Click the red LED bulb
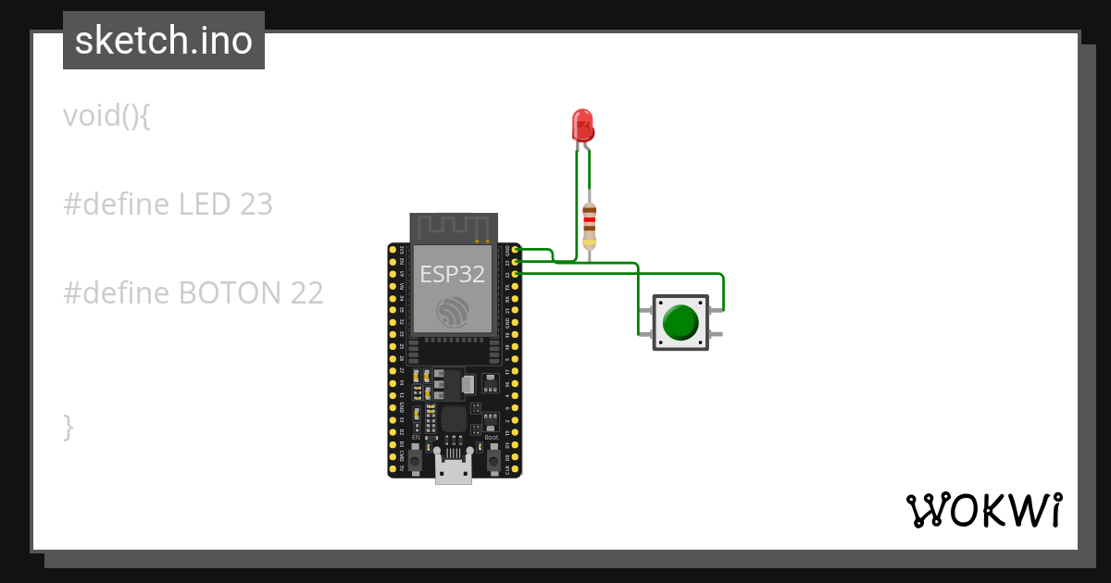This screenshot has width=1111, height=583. coord(582,125)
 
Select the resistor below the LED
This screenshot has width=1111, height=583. coord(590,226)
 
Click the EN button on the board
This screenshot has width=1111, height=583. coord(416,458)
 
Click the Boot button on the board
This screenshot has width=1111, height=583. coord(493,458)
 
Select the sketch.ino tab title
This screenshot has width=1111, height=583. coord(164,41)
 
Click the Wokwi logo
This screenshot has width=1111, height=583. coord(983,510)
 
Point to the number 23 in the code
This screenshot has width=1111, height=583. coord(256,204)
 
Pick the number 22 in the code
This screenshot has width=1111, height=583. coord(306,293)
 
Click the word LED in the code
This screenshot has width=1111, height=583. coord(203,204)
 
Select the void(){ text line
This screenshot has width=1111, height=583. coord(106,116)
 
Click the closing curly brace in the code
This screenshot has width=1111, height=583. coord(68,427)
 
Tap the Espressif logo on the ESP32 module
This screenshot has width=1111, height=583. coord(454,311)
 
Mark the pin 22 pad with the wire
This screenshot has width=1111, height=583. coord(516,273)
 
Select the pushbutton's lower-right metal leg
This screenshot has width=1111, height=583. coord(717,333)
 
